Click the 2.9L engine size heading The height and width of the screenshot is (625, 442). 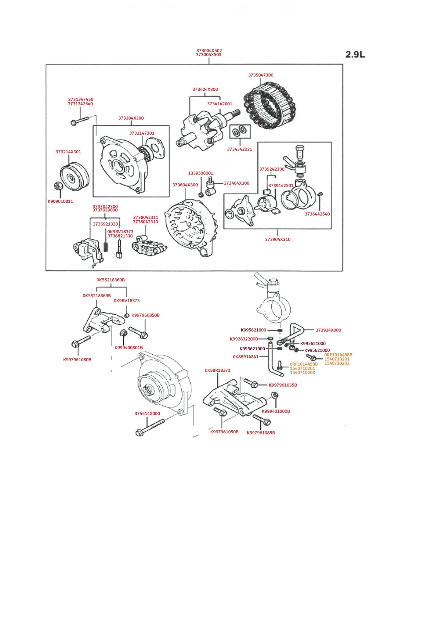pyautogui.click(x=355, y=55)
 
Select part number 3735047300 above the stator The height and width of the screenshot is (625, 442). pyautogui.click(x=261, y=75)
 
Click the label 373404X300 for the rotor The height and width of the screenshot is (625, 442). pyautogui.click(x=205, y=89)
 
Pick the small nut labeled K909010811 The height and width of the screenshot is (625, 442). pyautogui.click(x=58, y=186)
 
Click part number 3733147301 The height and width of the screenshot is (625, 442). pyautogui.click(x=142, y=133)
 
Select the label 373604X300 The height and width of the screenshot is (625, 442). pyautogui.click(x=185, y=185)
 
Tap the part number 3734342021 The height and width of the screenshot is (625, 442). pyautogui.click(x=240, y=149)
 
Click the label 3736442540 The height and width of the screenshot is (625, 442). pyautogui.click(x=317, y=214)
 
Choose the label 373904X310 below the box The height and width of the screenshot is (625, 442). pyautogui.click(x=278, y=240)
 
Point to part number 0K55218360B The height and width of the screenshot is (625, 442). pyautogui.click(x=111, y=280)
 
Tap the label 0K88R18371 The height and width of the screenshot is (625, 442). pyautogui.click(x=217, y=370)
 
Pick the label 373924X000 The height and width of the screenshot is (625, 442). pyautogui.click(x=328, y=330)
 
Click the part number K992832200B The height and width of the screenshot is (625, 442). pyautogui.click(x=244, y=339)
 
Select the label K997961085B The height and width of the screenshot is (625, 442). pyautogui.click(x=261, y=433)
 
